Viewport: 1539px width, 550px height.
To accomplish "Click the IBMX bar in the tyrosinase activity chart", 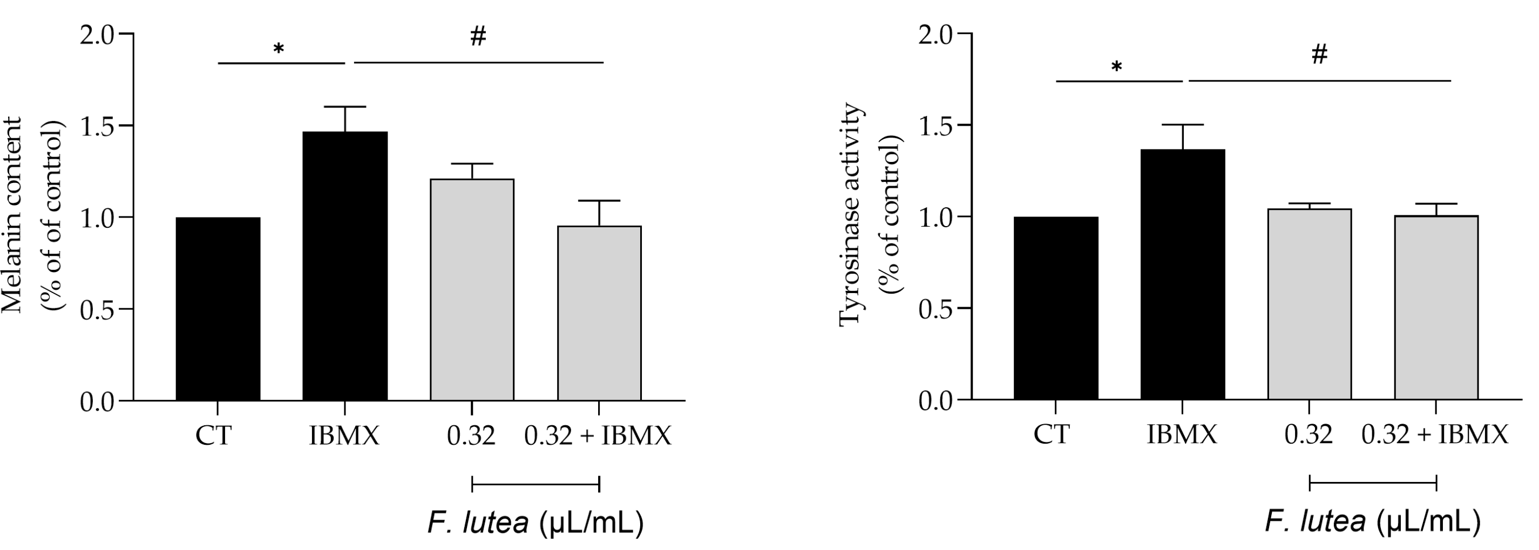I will [x=1182, y=275].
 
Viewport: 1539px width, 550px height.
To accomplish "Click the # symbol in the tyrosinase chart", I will [x=1319, y=56].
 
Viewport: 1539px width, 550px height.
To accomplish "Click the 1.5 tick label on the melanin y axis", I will [x=98, y=125].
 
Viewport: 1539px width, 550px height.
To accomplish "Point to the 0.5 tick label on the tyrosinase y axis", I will [x=936, y=308].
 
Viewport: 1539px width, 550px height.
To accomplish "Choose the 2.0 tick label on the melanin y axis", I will [x=98, y=35].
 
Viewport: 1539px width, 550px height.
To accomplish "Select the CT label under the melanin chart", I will [x=213, y=436].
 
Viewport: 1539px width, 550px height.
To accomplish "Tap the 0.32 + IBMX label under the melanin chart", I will [x=598, y=436].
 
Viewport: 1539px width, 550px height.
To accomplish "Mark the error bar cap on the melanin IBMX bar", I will [x=345, y=107].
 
